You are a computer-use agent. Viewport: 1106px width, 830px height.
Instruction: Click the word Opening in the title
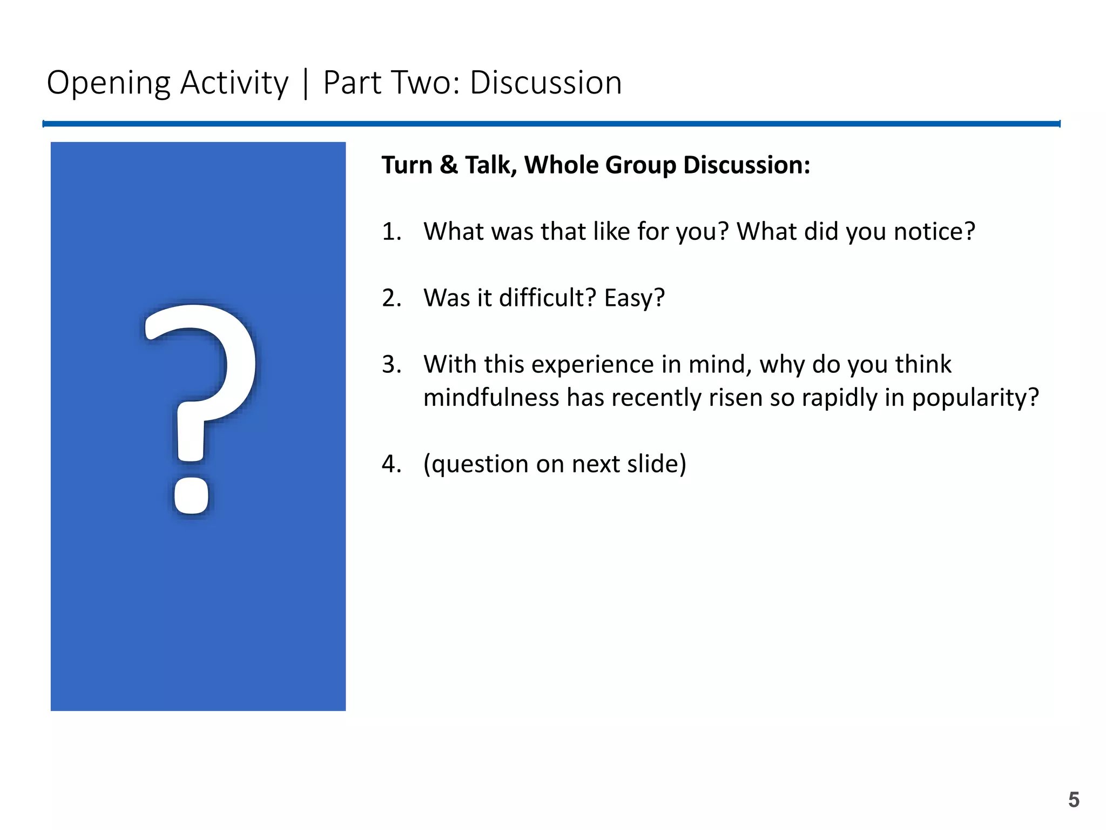click(108, 83)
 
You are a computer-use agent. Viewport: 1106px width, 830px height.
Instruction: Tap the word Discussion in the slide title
click(545, 83)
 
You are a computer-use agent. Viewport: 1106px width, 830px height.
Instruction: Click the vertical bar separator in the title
click(306, 83)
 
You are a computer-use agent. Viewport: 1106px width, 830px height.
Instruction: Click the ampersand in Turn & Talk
click(448, 165)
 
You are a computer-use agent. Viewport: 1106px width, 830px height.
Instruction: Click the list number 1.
click(391, 232)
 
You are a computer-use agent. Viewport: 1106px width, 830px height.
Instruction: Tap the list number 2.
click(391, 298)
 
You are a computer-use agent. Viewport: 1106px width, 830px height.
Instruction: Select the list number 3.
click(391, 365)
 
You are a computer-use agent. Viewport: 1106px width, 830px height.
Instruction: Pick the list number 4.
click(391, 464)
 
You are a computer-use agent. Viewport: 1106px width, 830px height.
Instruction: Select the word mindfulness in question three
click(491, 398)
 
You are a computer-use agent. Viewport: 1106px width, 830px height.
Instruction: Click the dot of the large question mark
click(191, 496)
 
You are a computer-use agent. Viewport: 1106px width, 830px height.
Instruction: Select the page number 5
click(1073, 800)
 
